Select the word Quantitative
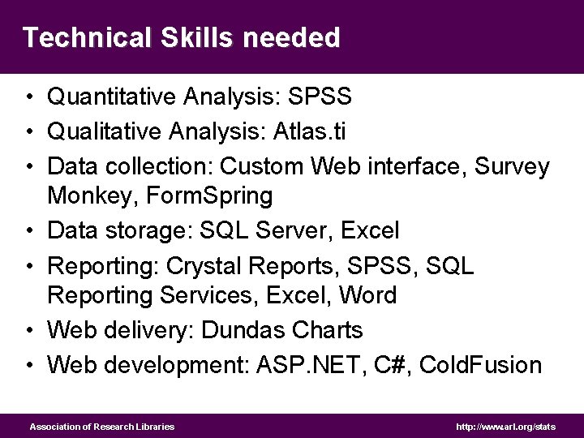(x=112, y=97)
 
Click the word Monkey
(x=88, y=195)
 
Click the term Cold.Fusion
(x=474, y=365)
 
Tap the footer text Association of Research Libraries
(x=102, y=427)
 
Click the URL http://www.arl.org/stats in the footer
(x=506, y=427)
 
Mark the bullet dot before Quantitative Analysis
(x=28, y=98)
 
